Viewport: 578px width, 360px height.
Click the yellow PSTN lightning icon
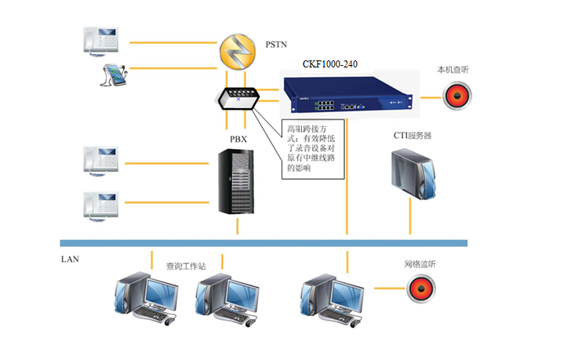point(237,50)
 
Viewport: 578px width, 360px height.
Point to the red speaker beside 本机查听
point(457,96)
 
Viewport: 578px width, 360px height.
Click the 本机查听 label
point(453,70)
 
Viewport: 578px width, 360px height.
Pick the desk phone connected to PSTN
point(100,38)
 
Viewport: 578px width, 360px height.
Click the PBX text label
point(239,140)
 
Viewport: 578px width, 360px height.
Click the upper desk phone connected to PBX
point(100,159)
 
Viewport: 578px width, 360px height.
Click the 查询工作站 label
point(185,266)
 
